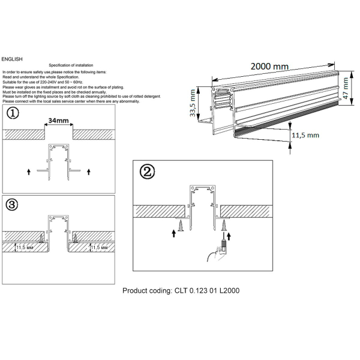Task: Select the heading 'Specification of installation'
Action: click(71, 65)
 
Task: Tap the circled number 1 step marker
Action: click(12, 113)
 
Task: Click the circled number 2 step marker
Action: click(148, 172)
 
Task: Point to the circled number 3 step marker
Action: click(12, 205)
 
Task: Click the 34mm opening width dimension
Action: click(58, 121)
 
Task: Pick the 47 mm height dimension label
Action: click(346, 91)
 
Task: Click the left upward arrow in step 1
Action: click(29, 172)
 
